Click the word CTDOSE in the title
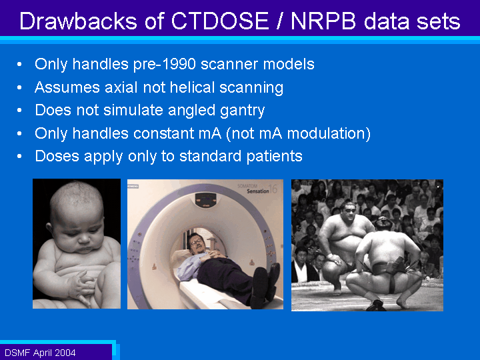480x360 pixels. (x=219, y=21)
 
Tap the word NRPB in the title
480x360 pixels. (x=324, y=21)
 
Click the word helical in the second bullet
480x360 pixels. (x=192, y=87)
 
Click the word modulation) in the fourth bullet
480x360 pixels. (x=329, y=133)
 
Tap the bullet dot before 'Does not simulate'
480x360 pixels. (x=19, y=110)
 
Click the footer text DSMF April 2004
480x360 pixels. (x=40, y=353)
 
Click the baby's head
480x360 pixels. (x=77, y=214)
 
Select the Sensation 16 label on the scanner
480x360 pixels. (x=261, y=190)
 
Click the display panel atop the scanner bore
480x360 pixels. (x=206, y=200)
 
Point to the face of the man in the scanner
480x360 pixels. (x=197, y=243)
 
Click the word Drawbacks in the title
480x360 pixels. (x=78, y=21)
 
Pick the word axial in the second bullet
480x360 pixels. (x=121, y=87)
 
